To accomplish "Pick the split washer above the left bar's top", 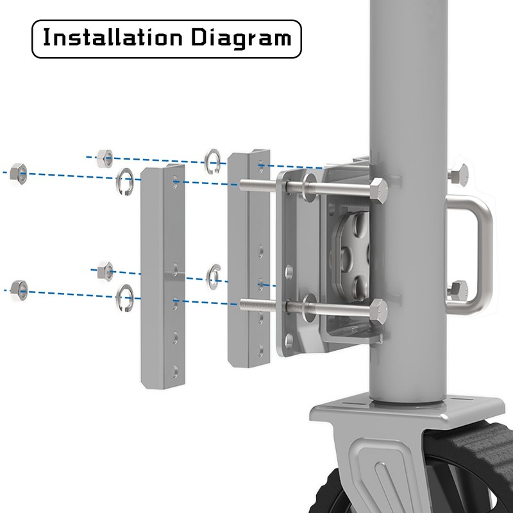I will (x=124, y=181).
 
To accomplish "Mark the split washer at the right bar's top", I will (x=214, y=161).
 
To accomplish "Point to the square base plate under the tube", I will (x=410, y=410).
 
